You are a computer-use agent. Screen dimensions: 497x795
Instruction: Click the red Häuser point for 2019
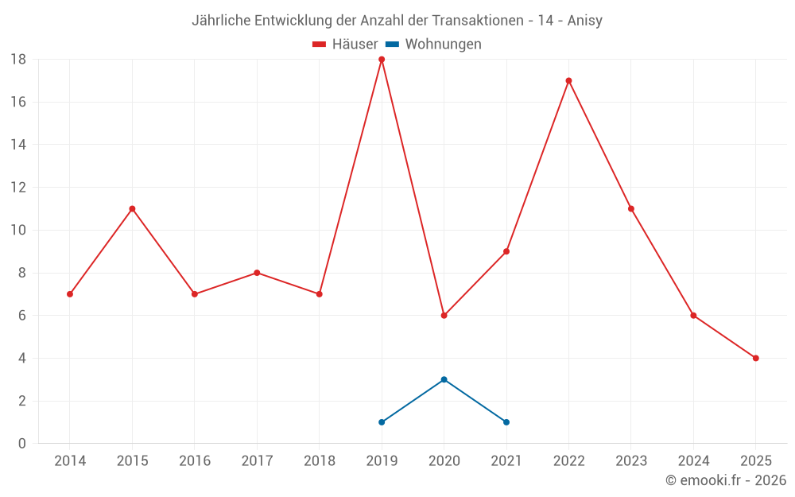pyautogui.click(x=382, y=60)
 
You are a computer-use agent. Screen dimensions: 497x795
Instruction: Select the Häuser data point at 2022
pyautogui.click(x=568, y=80)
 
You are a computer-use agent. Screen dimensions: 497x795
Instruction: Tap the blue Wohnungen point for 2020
pyautogui.click(x=444, y=379)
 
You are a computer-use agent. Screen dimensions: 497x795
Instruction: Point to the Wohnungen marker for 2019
pyautogui.click(x=382, y=422)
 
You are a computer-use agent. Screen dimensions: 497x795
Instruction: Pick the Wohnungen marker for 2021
pyautogui.click(x=506, y=422)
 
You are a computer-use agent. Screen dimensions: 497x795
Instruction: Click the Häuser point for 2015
pyautogui.click(x=132, y=209)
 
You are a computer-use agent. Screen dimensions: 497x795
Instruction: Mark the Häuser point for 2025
pyautogui.click(x=755, y=358)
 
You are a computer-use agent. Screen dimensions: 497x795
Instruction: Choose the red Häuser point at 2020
pyautogui.click(x=444, y=316)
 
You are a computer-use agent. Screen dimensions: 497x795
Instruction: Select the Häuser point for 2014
pyautogui.click(x=70, y=294)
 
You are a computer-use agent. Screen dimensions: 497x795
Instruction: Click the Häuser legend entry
pyautogui.click(x=345, y=45)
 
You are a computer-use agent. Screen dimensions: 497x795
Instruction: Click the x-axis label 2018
pyautogui.click(x=319, y=461)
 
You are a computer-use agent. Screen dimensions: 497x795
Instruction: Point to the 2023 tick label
pyautogui.click(x=631, y=461)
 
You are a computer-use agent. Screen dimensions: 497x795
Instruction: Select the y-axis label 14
pyautogui.click(x=18, y=145)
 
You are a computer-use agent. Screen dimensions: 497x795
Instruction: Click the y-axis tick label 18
pyautogui.click(x=18, y=60)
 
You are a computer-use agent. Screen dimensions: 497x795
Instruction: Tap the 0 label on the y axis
pyautogui.click(x=22, y=444)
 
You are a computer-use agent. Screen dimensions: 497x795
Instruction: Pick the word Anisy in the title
pyautogui.click(x=584, y=21)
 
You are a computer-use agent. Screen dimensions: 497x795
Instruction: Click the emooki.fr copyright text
pyautogui.click(x=726, y=480)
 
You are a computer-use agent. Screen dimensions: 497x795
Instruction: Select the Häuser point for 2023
pyautogui.click(x=631, y=209)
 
